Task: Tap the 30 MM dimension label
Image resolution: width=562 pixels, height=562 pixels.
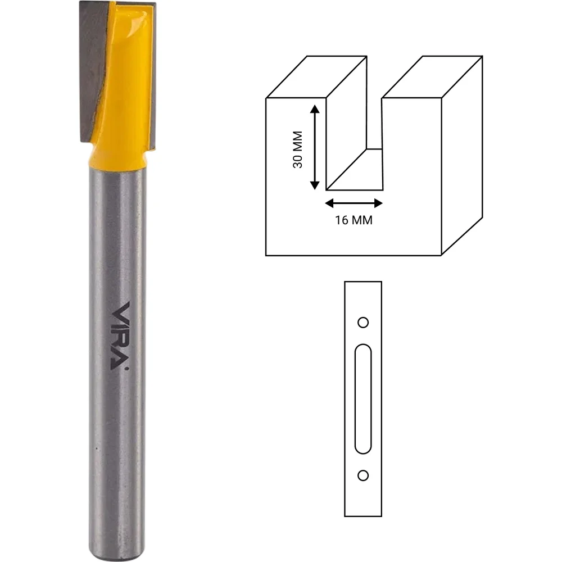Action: [297, 149]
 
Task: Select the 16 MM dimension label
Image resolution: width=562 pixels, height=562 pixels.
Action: [353, 220]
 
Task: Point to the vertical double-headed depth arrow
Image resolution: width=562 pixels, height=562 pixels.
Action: [315, 147]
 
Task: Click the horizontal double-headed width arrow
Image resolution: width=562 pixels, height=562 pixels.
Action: [353, 203]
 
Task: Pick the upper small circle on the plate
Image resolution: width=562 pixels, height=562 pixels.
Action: [363, 322]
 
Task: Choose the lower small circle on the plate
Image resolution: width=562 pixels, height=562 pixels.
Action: [363, 475]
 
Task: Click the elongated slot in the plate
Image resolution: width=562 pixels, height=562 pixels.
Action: [363, 398]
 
